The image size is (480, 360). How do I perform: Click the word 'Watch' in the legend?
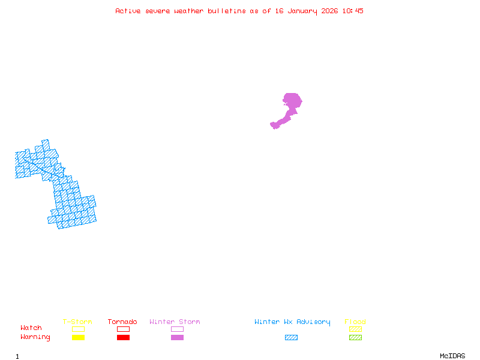point(31,328)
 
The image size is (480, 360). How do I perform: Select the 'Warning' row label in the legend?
point(35,337)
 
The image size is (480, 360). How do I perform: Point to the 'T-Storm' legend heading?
point(77,322)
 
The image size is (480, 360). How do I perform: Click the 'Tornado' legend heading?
point(122,322)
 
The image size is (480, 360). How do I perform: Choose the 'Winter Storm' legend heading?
point(175,322)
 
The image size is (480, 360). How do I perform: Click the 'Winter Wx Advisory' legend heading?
point(292,322)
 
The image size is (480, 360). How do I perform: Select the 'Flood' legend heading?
point(355,322)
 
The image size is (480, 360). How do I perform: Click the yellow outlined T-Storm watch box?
point(78,329)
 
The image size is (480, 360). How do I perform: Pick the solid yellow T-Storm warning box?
point(78,338)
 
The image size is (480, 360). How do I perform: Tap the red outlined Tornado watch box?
point(123,329)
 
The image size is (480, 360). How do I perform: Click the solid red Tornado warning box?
point(123,338)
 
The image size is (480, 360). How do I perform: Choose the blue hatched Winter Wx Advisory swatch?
point(291,338)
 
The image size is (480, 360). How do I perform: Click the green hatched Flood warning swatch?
point(355,338)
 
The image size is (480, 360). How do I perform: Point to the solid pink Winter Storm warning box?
point(177,338)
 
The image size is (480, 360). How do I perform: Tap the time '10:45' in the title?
point(353,11)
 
